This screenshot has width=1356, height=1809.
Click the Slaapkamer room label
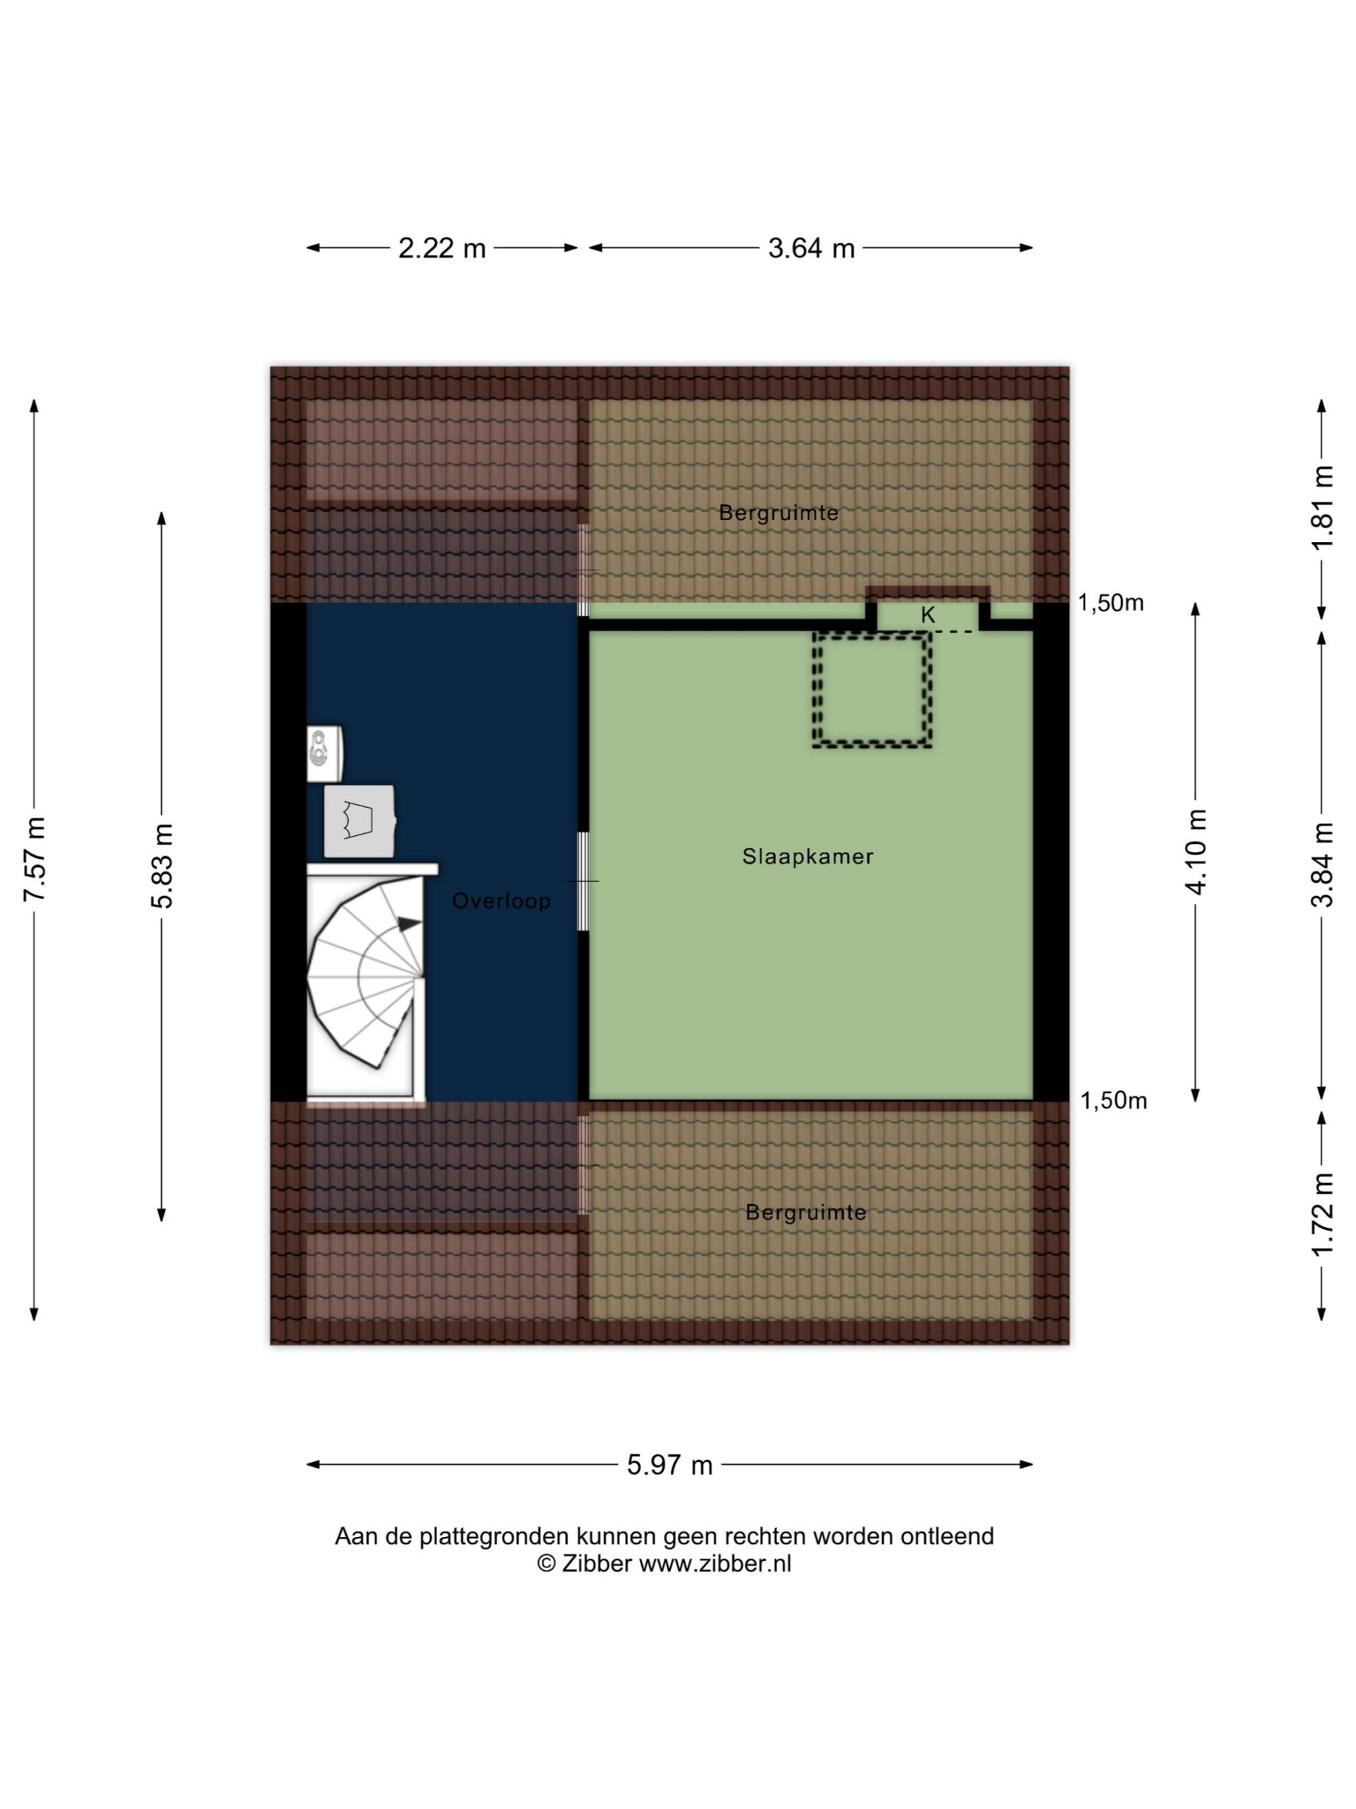(x=807, y=856)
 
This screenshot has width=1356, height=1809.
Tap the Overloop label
(x=501, y=900)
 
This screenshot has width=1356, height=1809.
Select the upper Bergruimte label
(x=778, y=513)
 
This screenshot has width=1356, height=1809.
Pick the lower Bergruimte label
(x=806, y=1212)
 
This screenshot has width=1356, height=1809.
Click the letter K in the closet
(x=928, y=615)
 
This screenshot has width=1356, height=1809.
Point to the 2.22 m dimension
(x=442, y=248)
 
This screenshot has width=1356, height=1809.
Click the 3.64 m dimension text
(x=811, y=248)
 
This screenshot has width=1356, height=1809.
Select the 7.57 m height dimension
(x=35, y=859)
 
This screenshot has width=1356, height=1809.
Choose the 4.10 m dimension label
(x=1195, y=852)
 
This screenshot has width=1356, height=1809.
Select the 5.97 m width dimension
(x=670, y=1465)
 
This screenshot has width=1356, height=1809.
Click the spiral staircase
(x=365, y=973)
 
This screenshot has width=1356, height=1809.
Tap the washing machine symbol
(x=359, y=821)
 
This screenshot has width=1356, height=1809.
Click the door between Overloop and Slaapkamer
(x=583, y=882)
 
